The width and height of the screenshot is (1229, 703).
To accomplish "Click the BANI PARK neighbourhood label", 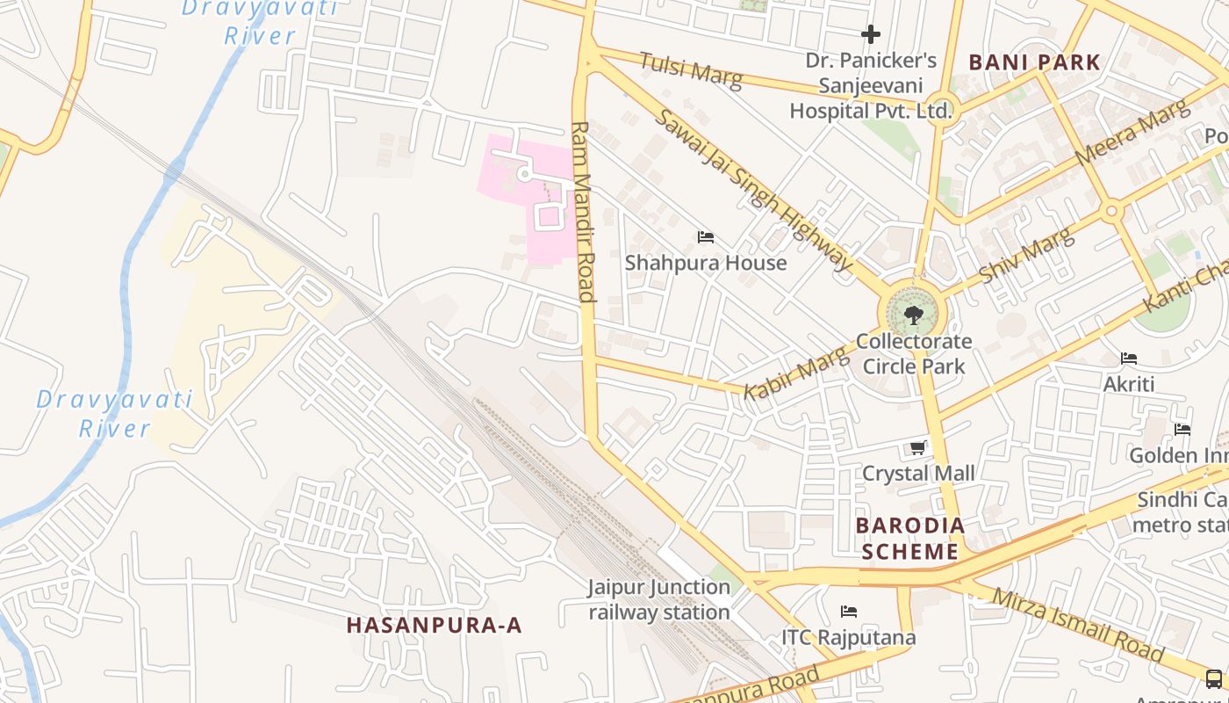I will (1034, 62).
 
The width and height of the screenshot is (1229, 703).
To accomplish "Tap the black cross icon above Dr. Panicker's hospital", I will (871, 34).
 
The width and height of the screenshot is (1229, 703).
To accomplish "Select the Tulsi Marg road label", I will (691, 70).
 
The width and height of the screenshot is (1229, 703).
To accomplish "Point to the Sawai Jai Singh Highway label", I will (754, 189).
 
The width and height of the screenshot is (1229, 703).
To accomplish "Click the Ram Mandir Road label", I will (583, 211).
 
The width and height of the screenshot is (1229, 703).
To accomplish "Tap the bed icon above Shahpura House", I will (705, 237).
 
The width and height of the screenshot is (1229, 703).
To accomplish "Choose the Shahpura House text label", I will (706, 263).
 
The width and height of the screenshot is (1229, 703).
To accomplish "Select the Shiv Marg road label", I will (1025, 256).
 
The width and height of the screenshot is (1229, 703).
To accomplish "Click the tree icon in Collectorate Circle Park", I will (913, 315).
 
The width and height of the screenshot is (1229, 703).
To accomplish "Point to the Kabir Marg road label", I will (798, 372).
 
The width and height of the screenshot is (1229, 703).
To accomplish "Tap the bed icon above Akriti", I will (1129, 359).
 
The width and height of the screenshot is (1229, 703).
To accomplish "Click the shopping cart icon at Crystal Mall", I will (918, 448).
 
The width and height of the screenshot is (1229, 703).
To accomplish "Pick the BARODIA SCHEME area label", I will (910, 539).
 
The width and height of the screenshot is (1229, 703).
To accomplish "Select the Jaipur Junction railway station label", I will (659, 599).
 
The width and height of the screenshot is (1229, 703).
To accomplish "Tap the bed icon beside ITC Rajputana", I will (849, 612).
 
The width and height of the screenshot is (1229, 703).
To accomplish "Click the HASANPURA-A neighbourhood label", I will (434, 625).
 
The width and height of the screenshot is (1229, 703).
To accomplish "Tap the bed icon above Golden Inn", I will (1182, 430).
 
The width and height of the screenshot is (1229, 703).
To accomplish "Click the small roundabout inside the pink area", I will (524, 175).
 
